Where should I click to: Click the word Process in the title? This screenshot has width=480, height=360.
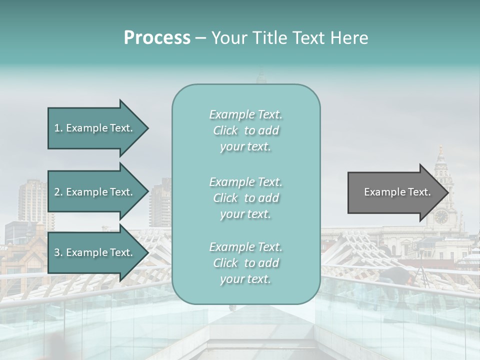[x=157, y=38]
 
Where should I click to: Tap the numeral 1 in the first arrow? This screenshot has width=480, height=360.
[x=56, y=128]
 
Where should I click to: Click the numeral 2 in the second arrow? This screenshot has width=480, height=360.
[x=57, y=192]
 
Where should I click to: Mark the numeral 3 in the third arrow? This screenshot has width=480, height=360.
[x=57, y=252]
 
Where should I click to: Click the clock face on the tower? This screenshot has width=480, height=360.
[x=441, y=216]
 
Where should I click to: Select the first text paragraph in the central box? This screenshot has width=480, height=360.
[x=245, y=130]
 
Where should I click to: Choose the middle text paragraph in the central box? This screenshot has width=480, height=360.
[x=245, y=198]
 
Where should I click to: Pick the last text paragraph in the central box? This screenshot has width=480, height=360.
[x=245, y=263]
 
